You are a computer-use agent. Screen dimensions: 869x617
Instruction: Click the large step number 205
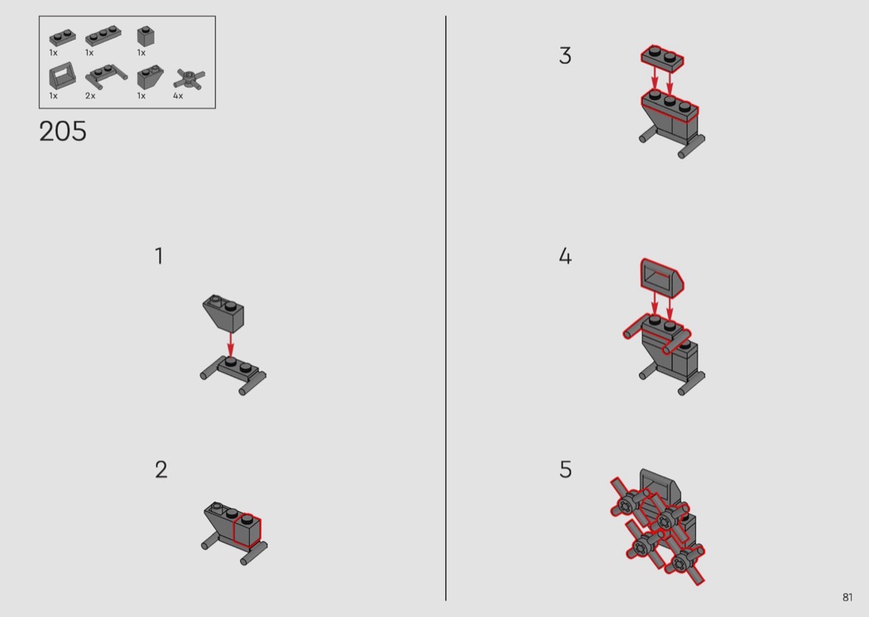(63, 132)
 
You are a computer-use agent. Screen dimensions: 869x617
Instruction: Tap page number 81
(847, 597)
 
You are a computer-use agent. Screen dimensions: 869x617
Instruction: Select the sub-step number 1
(159, 256)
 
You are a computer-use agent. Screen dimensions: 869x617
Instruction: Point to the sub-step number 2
(161, 470)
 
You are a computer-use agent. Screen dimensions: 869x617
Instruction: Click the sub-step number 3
(564, 55)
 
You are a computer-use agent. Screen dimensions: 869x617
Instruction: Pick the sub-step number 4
(564, 256)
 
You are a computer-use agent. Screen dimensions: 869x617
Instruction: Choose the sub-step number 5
(565, 470)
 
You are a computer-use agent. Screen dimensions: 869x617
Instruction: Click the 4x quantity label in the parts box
(178, 96)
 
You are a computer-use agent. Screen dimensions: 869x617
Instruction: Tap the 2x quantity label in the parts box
(90, 96)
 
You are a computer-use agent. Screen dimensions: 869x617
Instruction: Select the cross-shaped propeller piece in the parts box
(189, 79)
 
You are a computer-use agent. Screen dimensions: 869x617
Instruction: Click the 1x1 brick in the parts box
(146, 36)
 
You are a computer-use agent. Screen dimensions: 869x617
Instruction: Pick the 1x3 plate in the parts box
(103, 36)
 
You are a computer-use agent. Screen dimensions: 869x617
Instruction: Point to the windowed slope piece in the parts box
(60, 75)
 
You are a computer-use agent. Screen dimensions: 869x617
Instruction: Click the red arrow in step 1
(231, 344)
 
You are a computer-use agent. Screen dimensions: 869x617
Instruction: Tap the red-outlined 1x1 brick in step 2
(247, 531)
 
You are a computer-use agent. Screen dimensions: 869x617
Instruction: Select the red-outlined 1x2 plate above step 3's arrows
(662, 58)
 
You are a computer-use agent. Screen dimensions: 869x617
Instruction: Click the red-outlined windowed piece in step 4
(662, 275)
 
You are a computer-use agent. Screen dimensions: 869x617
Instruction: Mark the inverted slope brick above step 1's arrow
(223, 313)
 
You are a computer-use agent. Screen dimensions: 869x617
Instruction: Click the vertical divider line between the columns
(445, 308)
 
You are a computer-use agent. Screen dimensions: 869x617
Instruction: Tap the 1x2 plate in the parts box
(63, 37)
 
